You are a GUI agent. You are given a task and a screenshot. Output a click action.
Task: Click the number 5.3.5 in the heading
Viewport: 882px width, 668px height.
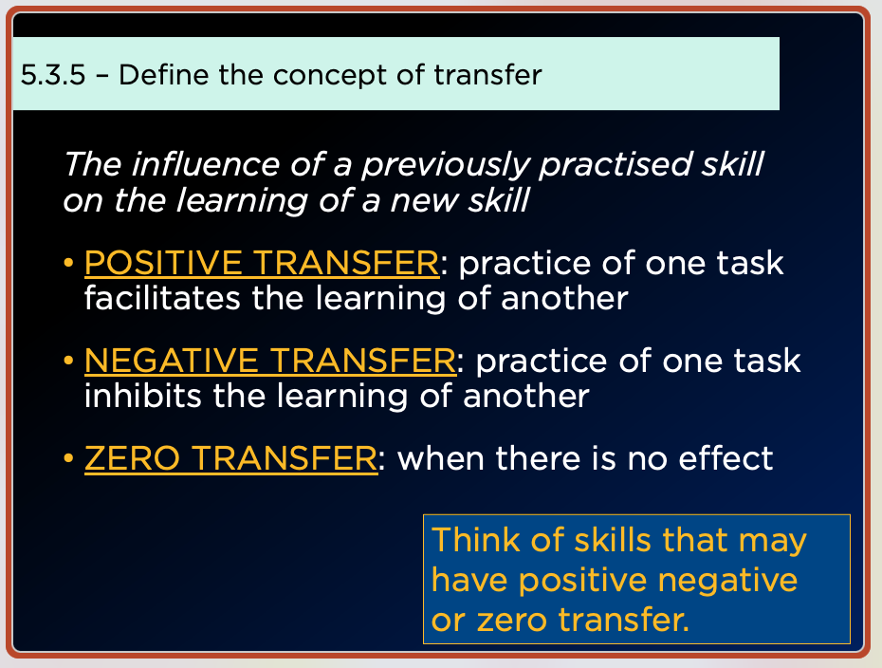53,75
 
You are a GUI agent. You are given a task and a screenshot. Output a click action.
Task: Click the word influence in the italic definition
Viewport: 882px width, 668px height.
205,164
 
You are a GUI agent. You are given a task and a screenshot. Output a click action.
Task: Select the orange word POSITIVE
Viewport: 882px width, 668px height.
163,263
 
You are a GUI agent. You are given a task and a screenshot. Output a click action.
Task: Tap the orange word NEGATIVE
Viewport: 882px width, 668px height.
171,361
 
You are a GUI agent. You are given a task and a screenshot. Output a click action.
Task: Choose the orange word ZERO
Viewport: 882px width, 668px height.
132,458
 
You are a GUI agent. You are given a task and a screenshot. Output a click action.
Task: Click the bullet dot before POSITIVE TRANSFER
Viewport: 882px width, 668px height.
68,263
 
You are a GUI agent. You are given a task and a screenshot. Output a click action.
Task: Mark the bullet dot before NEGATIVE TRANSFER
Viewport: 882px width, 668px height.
68,361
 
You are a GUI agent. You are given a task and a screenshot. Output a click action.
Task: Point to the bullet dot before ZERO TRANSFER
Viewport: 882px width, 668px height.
68,458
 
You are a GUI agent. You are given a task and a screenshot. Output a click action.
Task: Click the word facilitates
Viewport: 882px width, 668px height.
162,298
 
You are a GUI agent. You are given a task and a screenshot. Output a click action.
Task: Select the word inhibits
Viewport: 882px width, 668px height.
143,396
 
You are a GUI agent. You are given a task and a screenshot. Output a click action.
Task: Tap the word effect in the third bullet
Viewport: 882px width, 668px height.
726,458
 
